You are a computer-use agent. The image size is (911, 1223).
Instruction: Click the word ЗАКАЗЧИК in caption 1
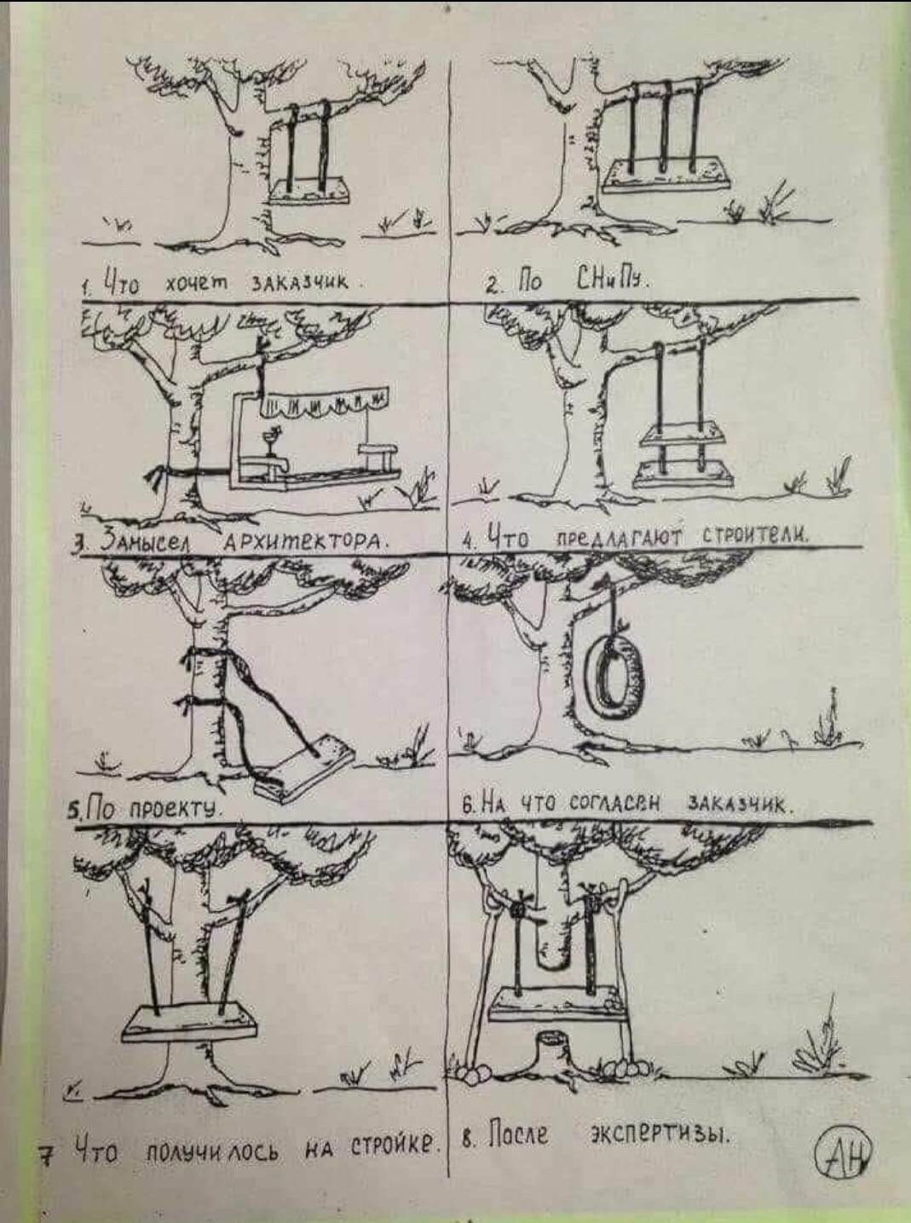[x=299, y=282]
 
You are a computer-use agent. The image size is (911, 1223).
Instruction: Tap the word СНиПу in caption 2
[x=612, y=282]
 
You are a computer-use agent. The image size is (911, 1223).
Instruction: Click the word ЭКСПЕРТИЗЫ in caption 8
[x=661, y=1139]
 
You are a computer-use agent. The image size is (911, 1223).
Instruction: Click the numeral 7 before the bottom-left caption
[x=49, y=1152]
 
